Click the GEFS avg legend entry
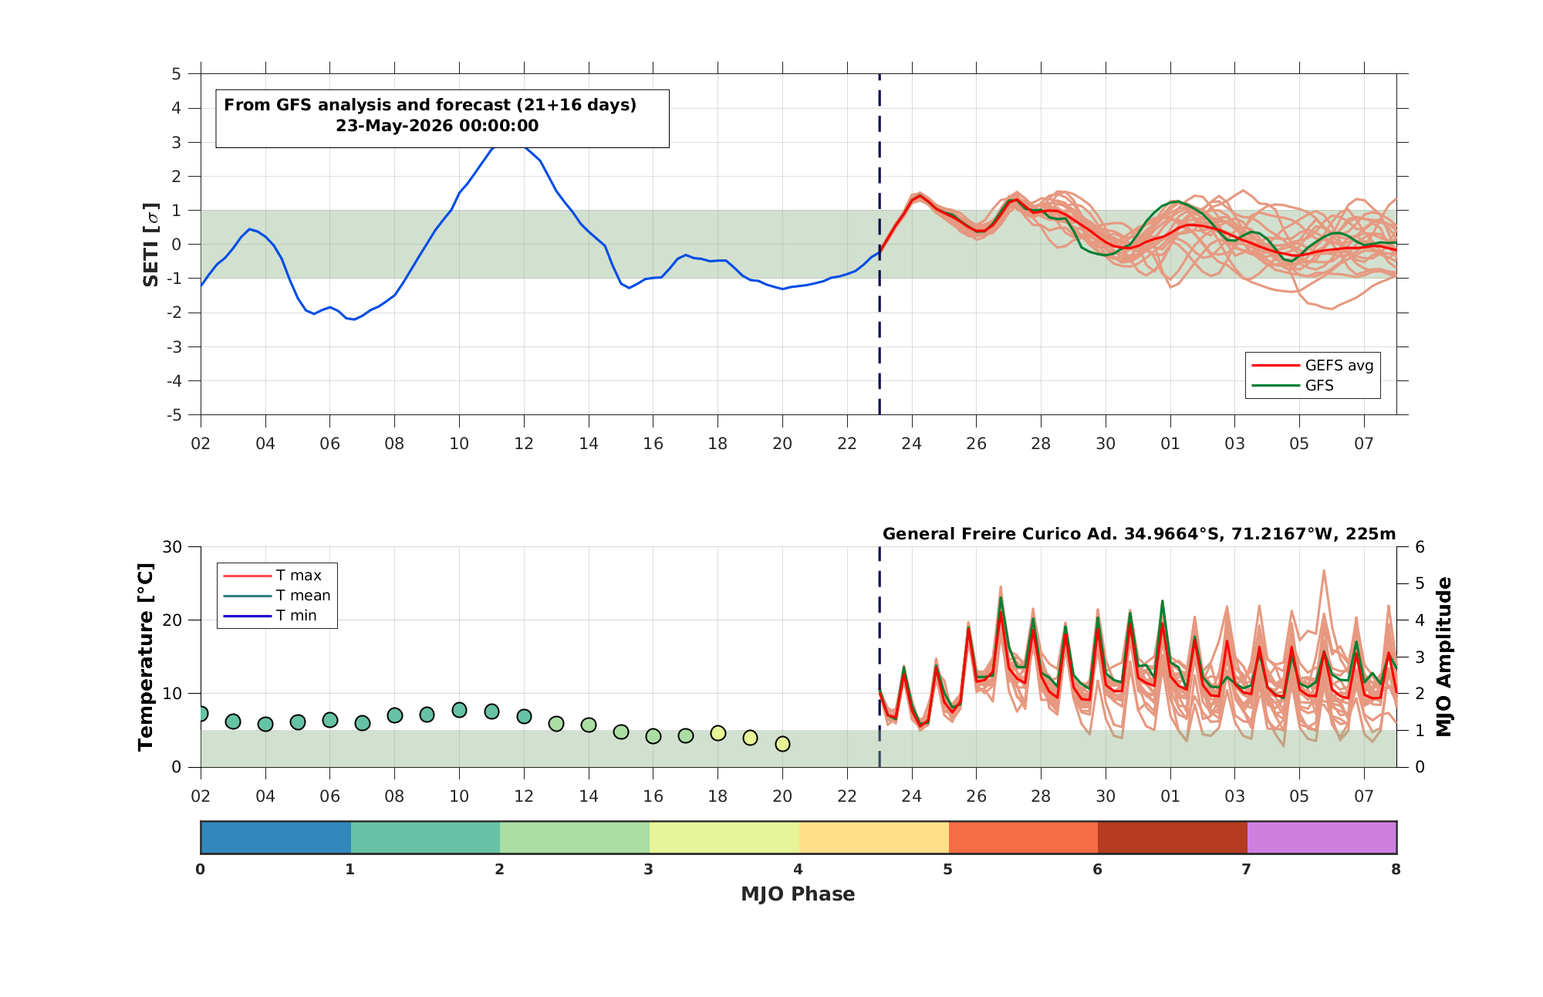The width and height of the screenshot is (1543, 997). [1312, 366]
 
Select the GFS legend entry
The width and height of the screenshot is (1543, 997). [1292, 386]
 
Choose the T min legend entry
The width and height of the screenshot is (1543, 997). [270, 616]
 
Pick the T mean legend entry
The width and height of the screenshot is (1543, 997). [277, 596]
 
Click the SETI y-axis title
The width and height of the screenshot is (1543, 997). [151, 245]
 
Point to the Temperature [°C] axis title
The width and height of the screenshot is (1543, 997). [145, 657]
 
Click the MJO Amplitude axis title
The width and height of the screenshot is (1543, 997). [1444, 657]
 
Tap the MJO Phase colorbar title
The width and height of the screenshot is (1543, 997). [798, 894]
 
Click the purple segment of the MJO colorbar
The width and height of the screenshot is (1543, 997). [1322, 837]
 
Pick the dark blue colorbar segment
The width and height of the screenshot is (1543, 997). [275, 837]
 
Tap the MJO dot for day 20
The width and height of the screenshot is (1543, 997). [782, 744]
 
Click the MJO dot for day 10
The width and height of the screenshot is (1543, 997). [459, 710]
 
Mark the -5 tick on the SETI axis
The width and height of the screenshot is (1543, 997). [175, 415]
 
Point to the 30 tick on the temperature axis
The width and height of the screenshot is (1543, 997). [172, 547]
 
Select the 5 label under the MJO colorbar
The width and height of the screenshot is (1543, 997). [947, 870]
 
